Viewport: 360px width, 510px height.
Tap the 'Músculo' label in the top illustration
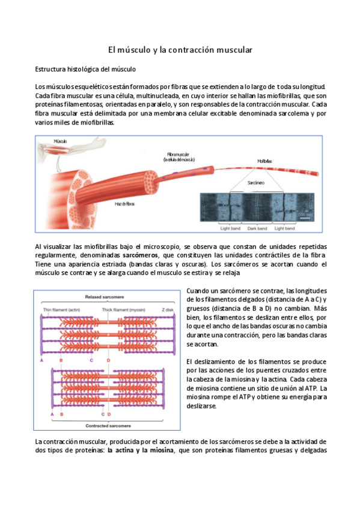(60, 141)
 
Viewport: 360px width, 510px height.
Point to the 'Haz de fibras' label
(124, 204)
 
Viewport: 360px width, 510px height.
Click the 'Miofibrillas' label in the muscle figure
(264, 161)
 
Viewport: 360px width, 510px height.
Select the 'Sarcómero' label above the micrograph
(256, 182)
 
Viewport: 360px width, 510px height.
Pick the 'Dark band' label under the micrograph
(257, 229)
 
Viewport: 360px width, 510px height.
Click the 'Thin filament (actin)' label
(63, 309)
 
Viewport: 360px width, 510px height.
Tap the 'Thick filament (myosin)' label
(127, 309)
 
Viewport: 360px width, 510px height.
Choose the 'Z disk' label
(168, 309)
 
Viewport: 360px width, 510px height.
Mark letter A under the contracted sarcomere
(52, 414)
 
